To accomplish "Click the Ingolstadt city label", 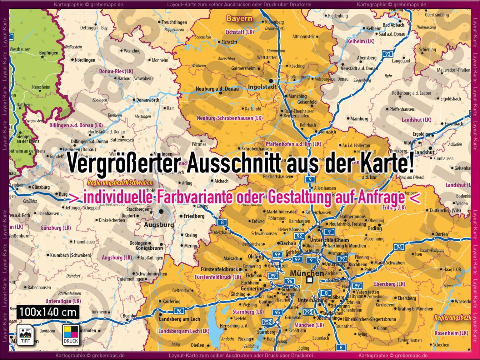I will point(262,87).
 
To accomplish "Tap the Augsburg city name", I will point(159,225).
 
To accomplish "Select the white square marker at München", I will point(309,280).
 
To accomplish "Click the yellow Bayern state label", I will point(239,18).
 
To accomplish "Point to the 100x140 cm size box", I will point(48,312).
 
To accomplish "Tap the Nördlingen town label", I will point(85,60).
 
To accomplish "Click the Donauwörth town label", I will point(147,100).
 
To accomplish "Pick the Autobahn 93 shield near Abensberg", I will point(387,54).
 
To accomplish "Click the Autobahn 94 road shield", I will point(399,247).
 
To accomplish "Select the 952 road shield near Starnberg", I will point(267,322).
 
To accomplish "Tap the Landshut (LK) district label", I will point(416,120).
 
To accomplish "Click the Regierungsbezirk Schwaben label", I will point(120,183).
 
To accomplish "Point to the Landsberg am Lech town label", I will point(179,319).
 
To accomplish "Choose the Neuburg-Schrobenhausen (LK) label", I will point(230,118).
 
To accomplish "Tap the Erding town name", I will point(375,228).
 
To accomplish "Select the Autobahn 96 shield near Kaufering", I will point(179,311).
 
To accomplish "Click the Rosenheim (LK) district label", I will point(451,333).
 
